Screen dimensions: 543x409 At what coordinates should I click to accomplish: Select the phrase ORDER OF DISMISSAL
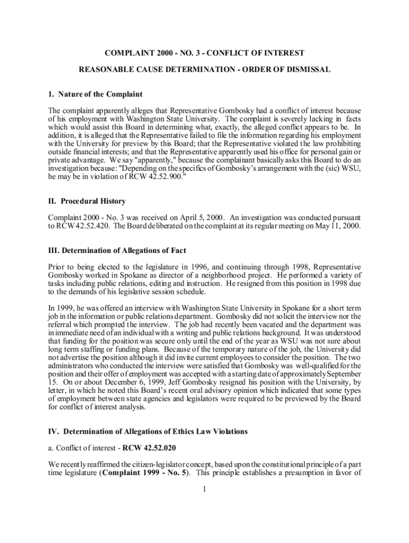pos(287,69)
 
